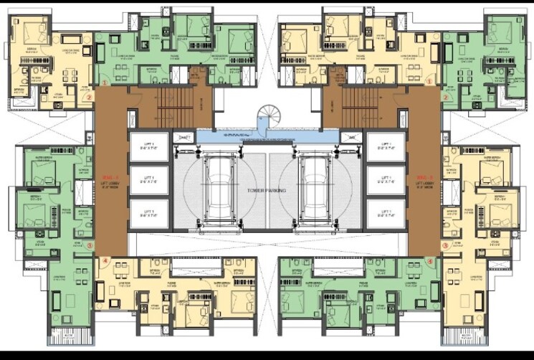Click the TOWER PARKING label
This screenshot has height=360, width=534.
click(x=267, y=190)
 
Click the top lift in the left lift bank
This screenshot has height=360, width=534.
click(x=148, y=150)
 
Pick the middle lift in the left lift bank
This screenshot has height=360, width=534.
click(x=148, y=181)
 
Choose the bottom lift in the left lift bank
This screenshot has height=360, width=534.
click(x=148, y=213)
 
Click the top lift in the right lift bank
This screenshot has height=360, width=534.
click(x=386, y=150)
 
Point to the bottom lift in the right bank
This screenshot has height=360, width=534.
click(x=386, y=213)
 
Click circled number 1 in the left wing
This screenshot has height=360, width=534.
click(x=105, y=83)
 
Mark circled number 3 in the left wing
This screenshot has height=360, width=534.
click(x=89, y=246)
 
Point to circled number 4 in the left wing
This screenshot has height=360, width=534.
click(x=105, y=261)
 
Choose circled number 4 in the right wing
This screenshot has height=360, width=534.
click(x=429, y=261)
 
